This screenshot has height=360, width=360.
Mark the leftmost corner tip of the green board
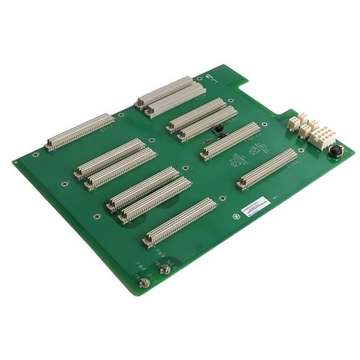13,162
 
